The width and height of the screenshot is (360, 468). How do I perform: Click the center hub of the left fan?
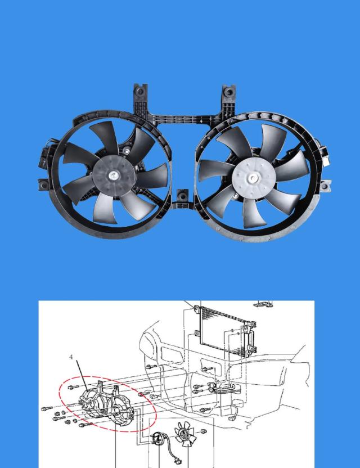114,176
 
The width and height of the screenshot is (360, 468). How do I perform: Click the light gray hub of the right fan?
253,179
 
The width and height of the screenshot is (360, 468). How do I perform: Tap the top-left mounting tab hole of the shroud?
140,91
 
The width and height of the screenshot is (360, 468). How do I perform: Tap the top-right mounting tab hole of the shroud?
229,92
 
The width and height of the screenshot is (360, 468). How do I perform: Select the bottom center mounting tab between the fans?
182,197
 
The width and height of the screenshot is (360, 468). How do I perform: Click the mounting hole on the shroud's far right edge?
325,187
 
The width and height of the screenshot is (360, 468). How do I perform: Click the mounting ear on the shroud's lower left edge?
44,185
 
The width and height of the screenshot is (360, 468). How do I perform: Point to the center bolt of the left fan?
113,175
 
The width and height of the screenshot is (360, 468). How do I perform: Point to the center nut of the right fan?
254,178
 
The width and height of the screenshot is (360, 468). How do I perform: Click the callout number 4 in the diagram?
71,357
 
